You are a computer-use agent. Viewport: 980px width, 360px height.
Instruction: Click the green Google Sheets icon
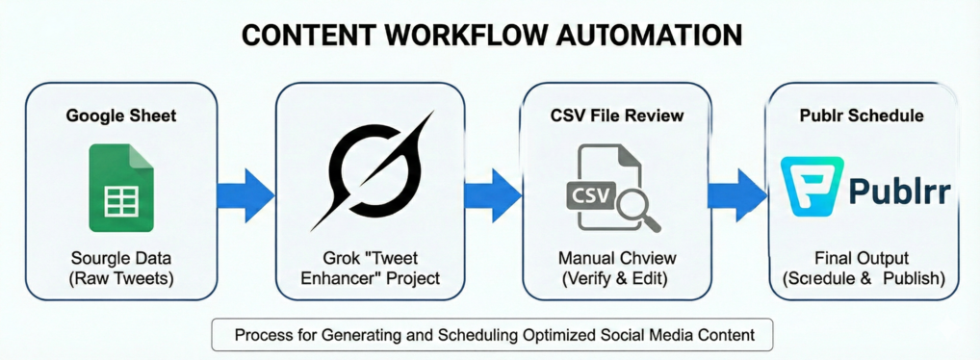(x=121, y=188)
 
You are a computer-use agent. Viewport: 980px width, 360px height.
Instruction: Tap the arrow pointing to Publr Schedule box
(x=737, y=191)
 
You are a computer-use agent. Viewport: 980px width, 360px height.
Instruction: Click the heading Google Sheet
(x=121, y=116)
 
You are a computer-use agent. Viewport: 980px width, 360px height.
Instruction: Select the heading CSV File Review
(x=617, y=116)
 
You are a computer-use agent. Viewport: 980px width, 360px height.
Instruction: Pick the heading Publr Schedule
(x=862, y=116)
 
